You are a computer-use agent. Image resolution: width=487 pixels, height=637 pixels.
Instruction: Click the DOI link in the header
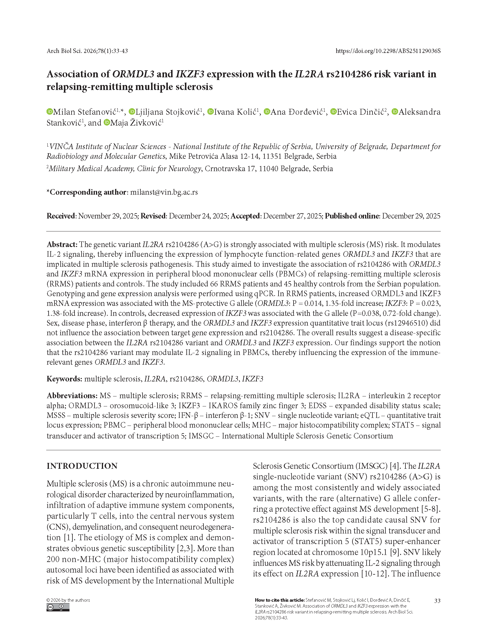[x=388, y=51]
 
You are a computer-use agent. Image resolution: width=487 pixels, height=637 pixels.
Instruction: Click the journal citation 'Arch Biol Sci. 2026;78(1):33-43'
[x=87, y=51]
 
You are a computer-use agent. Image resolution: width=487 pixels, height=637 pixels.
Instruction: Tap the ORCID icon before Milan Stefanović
[x=49, y=112]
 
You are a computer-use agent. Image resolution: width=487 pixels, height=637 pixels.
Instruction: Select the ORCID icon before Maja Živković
[x=107, y=122]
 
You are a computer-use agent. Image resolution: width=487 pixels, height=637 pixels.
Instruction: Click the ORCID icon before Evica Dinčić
[x=333, y=112]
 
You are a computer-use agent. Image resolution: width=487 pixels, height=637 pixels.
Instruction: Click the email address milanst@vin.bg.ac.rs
[x=164, y=192]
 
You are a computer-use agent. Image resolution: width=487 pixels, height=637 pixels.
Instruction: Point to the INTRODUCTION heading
[x=82, y=466]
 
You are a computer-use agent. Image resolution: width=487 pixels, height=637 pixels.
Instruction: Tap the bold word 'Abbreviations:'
[x=72, y=396]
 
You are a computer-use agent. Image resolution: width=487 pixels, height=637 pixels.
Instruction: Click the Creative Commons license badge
[x=58, y=607]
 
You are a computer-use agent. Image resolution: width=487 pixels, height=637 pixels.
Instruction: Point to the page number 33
[x=437, y=601]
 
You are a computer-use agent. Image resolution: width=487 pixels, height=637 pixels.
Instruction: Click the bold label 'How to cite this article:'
[x=279, y=600]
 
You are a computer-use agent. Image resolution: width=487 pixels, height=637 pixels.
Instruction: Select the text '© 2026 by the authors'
[x=68, y=600]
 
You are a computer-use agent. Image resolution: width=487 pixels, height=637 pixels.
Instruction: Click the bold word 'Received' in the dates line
[x=61, y=216]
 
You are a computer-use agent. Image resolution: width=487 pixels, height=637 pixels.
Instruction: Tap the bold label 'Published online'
[x=352, y=216]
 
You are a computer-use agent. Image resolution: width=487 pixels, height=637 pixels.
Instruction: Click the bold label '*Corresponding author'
[x=87, y=192]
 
